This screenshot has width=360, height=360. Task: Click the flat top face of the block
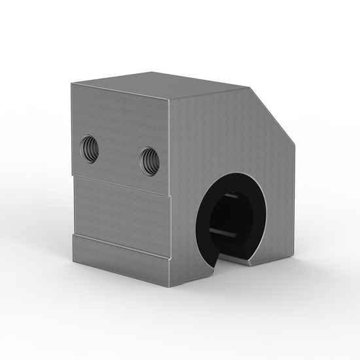pos(164,85)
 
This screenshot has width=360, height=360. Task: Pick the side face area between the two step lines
pos(121,213)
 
